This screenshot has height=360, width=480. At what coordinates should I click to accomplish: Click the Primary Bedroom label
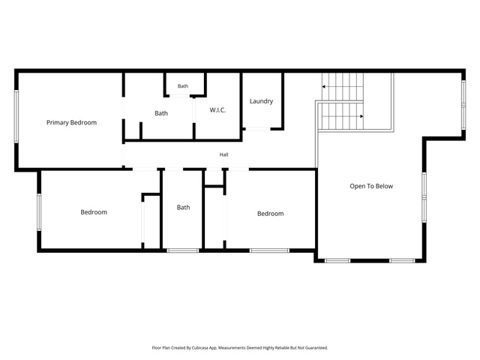tap(72, 123)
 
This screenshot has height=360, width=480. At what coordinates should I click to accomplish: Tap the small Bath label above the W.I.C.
tap(183, 86)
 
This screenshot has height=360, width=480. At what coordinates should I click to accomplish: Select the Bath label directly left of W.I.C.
tap(161, 113)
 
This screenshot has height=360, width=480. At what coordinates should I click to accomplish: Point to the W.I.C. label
tap(217, 110)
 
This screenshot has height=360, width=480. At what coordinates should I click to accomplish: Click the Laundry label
tap(261, 101)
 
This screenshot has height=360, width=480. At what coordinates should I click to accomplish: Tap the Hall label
tap(223, 154)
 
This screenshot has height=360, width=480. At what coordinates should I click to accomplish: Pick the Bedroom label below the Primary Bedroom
tap(94, 212)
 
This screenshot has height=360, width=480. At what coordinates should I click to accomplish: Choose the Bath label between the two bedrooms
tap(183, 207)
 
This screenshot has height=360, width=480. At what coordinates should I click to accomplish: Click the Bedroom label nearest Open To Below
tap(270, 214)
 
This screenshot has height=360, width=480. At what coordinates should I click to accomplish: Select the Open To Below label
tap(371, 186)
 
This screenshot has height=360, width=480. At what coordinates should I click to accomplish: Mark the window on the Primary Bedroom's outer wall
tap(16, 116)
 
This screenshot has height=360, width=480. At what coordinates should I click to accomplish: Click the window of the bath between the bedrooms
tap(183, 250)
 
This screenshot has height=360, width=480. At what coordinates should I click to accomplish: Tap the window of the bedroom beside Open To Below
tap(269, 250)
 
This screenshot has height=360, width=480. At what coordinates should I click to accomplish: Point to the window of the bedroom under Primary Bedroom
tap(39, 211)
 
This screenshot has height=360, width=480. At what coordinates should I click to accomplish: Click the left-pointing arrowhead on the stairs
tap(323, 87)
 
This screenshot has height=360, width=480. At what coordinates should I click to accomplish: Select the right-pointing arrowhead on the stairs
tap(361, 116)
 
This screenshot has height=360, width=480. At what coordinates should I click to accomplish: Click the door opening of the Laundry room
tap(258, 129)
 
